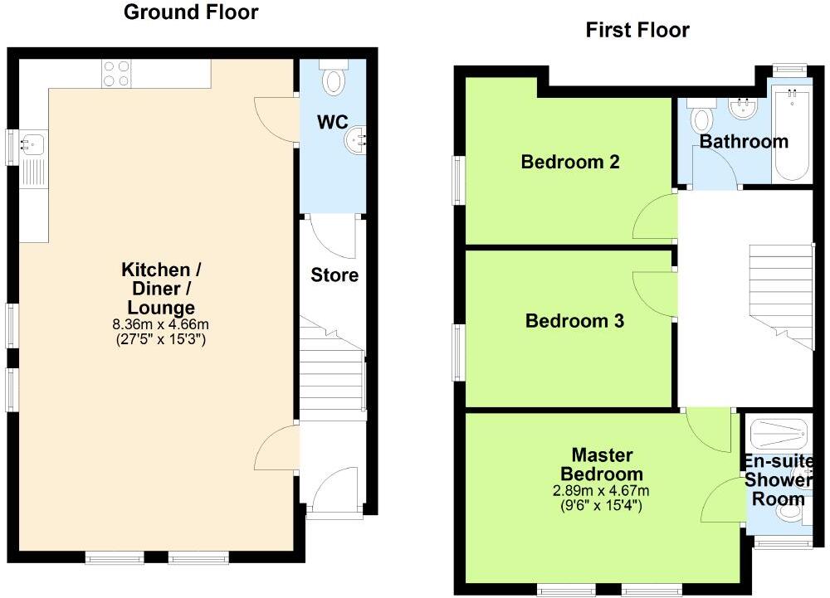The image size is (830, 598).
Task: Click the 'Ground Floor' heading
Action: (x=190, y=12)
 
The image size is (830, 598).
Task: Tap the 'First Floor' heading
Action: (x=637, y=31)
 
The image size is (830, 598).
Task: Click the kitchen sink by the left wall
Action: (x=34, y=144)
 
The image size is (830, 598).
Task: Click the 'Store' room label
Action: (x=334, y=275)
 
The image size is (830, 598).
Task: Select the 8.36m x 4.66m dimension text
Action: (x=161, y=325)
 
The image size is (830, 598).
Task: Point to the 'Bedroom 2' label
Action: (x=570, y=162)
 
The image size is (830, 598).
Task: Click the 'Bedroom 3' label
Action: (x=574, y=321)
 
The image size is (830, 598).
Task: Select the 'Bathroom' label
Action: (x=743, y=142)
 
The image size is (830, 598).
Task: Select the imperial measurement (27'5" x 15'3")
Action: (x=161, y=339)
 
